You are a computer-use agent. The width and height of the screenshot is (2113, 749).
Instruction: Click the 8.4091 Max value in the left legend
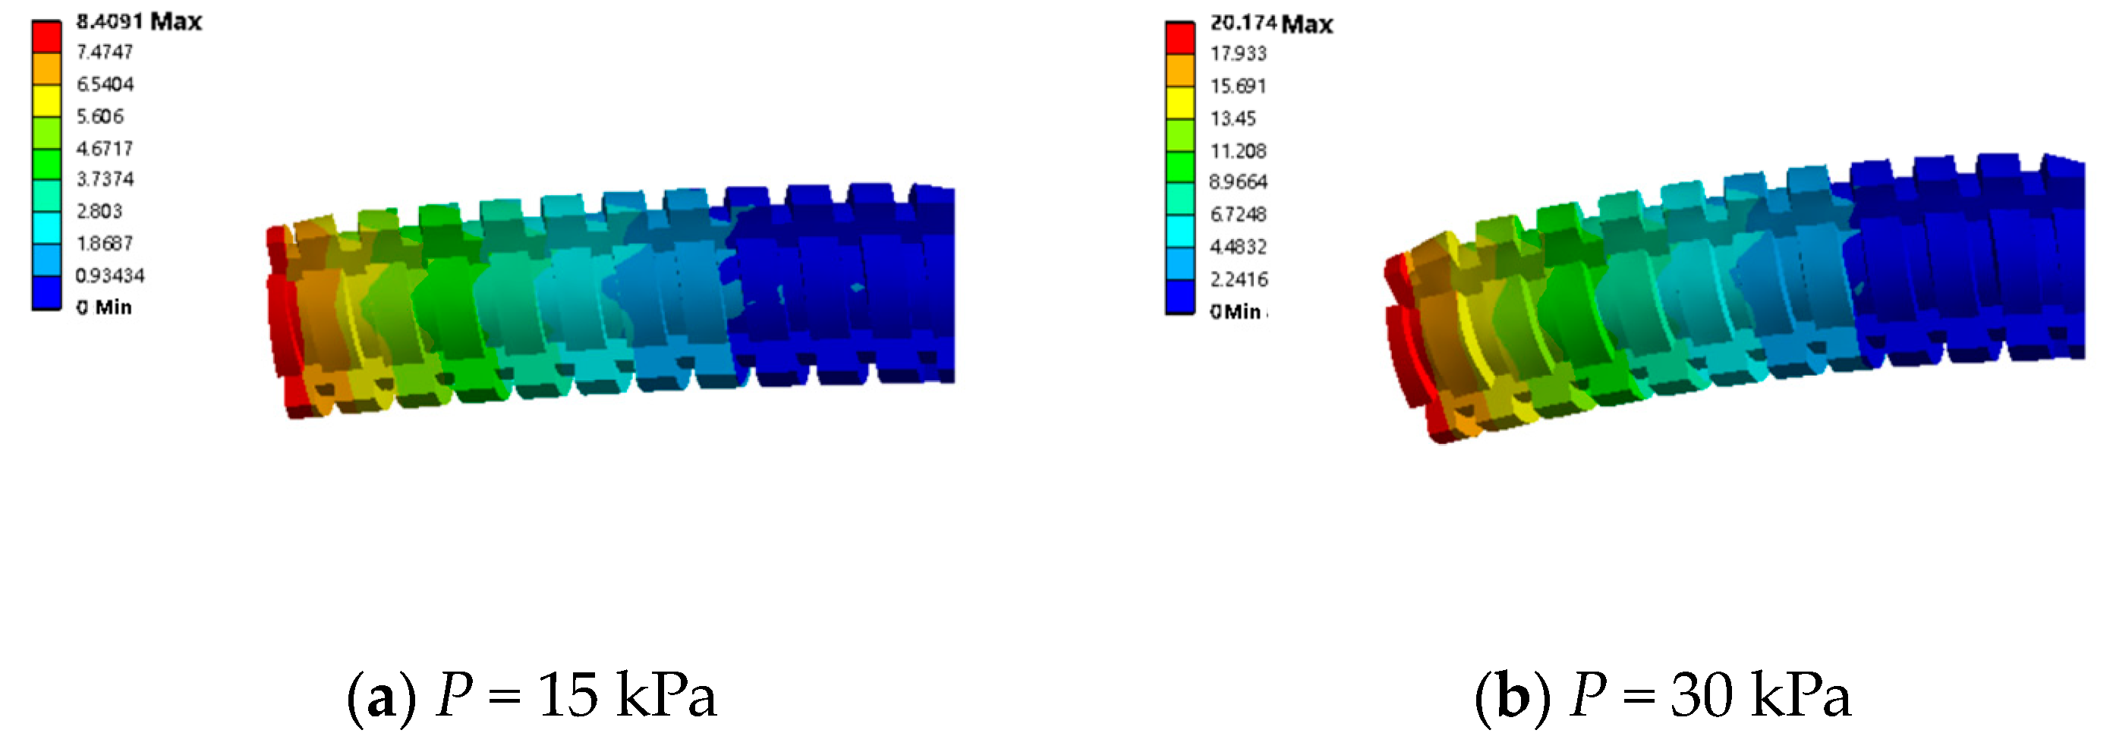139,21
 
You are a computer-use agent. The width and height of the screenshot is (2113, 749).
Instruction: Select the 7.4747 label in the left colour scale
104,52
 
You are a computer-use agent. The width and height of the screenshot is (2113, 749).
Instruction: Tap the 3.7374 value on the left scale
104,179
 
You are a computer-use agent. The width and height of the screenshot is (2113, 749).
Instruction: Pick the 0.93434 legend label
110,275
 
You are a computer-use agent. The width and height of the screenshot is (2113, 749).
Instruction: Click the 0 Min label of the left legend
103,307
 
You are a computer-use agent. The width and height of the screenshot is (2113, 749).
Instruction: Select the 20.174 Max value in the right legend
1271,24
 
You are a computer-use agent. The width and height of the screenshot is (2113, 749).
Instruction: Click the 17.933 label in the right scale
1239,54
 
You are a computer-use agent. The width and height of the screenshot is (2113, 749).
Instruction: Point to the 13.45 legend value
1233,119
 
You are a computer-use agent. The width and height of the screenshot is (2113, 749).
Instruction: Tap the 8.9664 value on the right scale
1239,182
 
